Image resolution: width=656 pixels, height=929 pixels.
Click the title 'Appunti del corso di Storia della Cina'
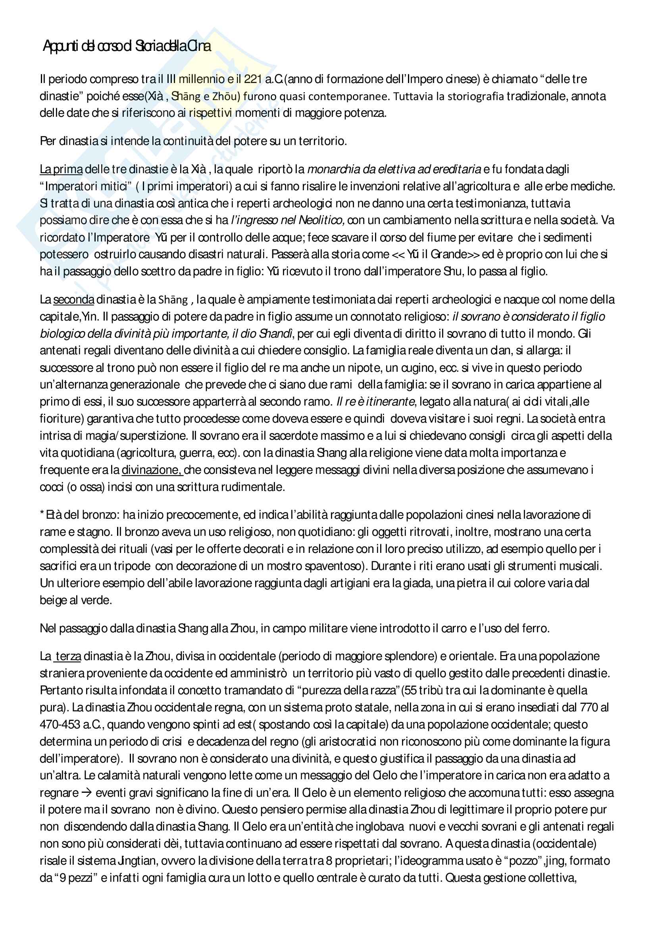[127, 46]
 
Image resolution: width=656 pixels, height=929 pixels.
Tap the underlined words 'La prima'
[61, 169]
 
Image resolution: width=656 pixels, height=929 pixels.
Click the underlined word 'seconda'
[73, 299]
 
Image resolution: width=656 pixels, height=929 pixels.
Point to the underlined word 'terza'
[68, 656]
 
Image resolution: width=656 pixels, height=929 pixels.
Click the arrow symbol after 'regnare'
[87, 792]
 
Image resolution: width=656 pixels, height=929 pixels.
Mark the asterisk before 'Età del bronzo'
[42, 515]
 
